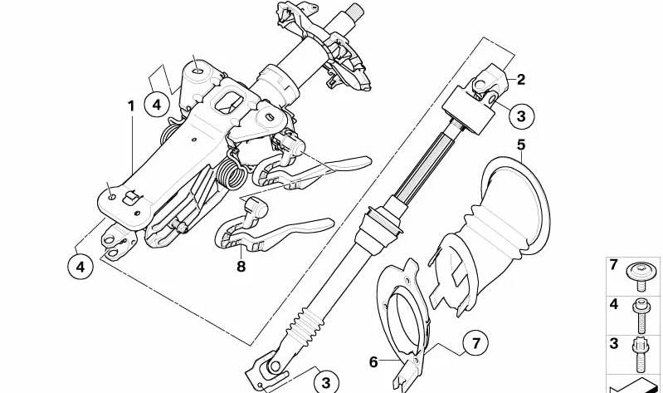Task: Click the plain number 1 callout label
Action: (x=131, y=106)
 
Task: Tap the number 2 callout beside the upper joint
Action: (x=521, y=79)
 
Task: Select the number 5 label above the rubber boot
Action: (x=521, y=145)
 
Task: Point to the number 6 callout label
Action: (x=373, y=362)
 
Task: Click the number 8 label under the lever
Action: (x=241, y=267)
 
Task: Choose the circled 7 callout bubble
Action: (x=475, y=343)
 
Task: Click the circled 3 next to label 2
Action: (x=521, y=115)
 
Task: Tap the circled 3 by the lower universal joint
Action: (x=326, y=382)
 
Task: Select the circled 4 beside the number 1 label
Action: (x=157, y=104)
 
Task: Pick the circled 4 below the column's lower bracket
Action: (x=80, y=266)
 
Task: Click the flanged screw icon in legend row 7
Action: (x=641, y=276)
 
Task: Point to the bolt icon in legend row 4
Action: (x=639, y=316)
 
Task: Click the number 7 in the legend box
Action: (x=614, y=265)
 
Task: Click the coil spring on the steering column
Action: (x=231, y=173)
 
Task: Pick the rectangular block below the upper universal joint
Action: (x=469, y=111)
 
